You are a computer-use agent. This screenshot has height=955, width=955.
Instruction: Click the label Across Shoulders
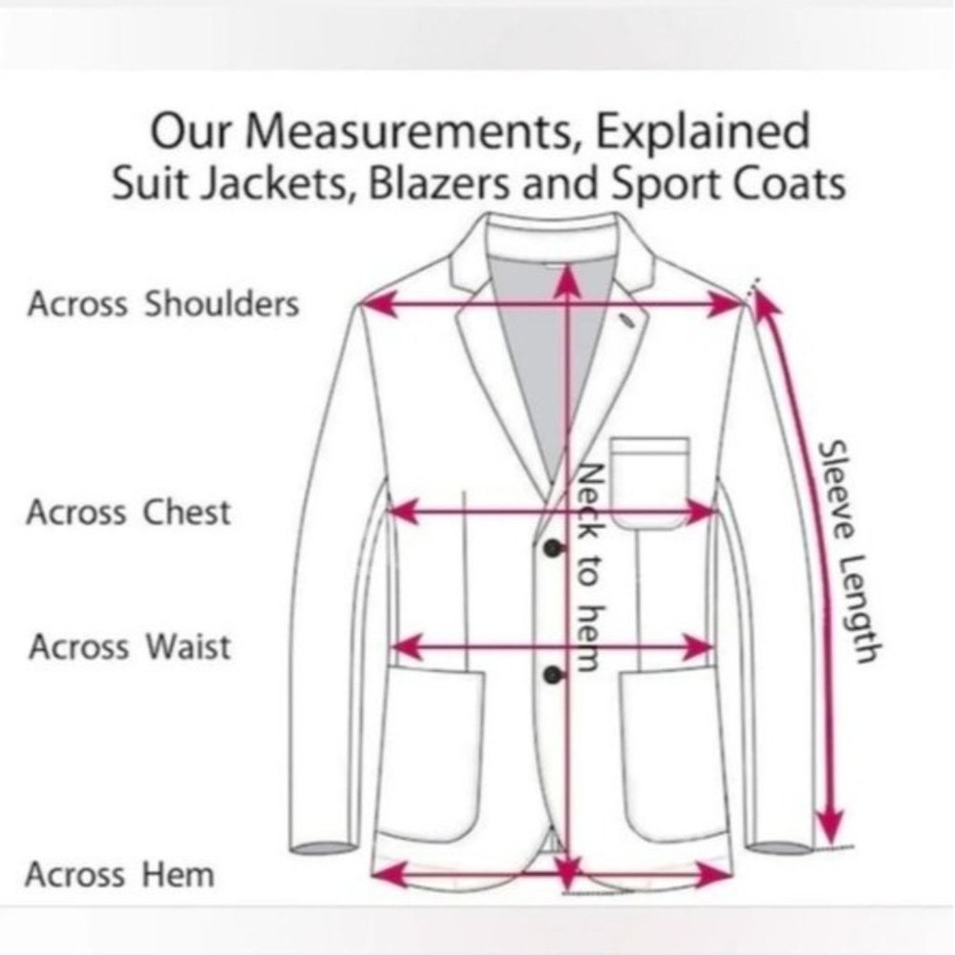tap(163, 304)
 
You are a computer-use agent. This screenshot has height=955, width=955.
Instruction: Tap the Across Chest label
tap(128, 512)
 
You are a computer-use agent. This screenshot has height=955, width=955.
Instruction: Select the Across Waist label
tap(130, 646)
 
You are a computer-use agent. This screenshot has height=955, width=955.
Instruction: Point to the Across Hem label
tap(119, 875)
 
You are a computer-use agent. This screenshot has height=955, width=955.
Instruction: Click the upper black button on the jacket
tap(553, 549)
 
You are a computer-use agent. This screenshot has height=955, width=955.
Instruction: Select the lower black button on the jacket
tap(553, 674)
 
